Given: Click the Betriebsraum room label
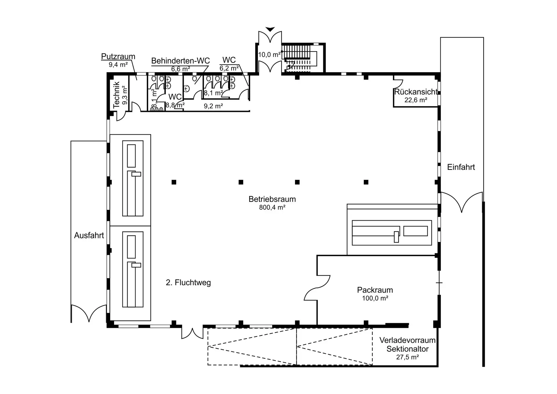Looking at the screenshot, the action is (x=272, y=199).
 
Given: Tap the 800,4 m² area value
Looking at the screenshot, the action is (x=272, y=207).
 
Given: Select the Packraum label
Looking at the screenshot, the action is (x=375, y=290).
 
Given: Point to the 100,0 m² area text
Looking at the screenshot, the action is (x=375, y=298).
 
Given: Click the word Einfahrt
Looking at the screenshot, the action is (x=461, y=167).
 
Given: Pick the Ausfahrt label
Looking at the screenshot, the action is (x=89, y=235).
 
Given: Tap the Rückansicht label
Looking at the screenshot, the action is (x=416, y=92).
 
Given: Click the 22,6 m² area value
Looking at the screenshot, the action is (x=416, y=100).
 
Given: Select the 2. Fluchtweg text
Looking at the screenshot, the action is (x=188, y=283).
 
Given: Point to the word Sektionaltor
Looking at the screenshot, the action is (x=407, y=349).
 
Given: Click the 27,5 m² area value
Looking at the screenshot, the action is (x=407, y=357).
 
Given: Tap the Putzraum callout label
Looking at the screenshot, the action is (x=118, y=56).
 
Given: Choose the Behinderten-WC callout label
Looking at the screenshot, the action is (x=180, y=61).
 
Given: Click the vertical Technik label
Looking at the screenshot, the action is (x=116, y=95).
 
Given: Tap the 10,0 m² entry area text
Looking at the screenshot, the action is (x=269, y=55).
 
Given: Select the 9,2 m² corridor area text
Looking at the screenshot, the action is (x=213, y=106).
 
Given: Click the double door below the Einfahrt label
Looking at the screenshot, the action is (x=461, y=202).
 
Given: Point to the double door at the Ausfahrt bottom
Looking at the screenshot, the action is (x=89, y=313).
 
